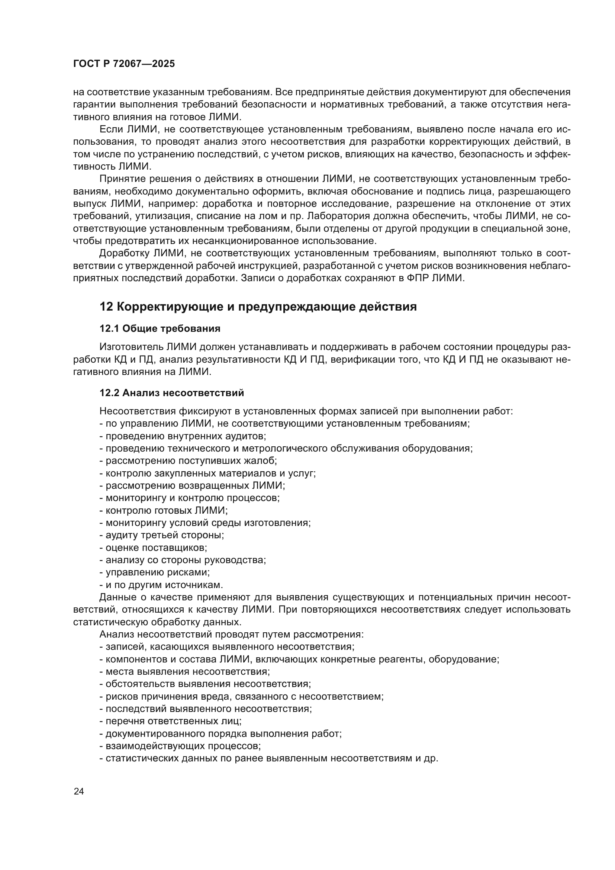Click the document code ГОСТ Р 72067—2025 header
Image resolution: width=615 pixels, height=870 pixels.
tap(124, 64)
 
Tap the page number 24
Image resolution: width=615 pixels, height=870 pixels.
tap(79, 791)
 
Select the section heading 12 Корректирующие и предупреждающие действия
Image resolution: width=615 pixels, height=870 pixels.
tap(258, 306)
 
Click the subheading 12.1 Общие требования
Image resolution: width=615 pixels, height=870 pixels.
tap(160, 328)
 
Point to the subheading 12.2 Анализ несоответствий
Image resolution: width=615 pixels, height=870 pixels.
tap(171, 393)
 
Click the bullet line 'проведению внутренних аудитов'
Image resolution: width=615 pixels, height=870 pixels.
tap(183, 436)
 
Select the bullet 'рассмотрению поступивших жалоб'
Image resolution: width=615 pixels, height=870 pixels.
tap(188, 461)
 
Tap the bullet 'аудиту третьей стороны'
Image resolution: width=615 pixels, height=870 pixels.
tap(162, 535)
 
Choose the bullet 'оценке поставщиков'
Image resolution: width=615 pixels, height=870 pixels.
tap(153, 548)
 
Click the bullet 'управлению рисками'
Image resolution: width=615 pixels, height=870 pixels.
tap(155, 572)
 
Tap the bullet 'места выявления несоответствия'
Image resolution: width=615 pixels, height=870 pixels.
tap(184, 671)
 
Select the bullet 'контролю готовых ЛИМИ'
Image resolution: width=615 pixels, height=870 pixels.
tap(164, 510)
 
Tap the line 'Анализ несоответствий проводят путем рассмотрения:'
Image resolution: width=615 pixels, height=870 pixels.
tap(231, 634)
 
